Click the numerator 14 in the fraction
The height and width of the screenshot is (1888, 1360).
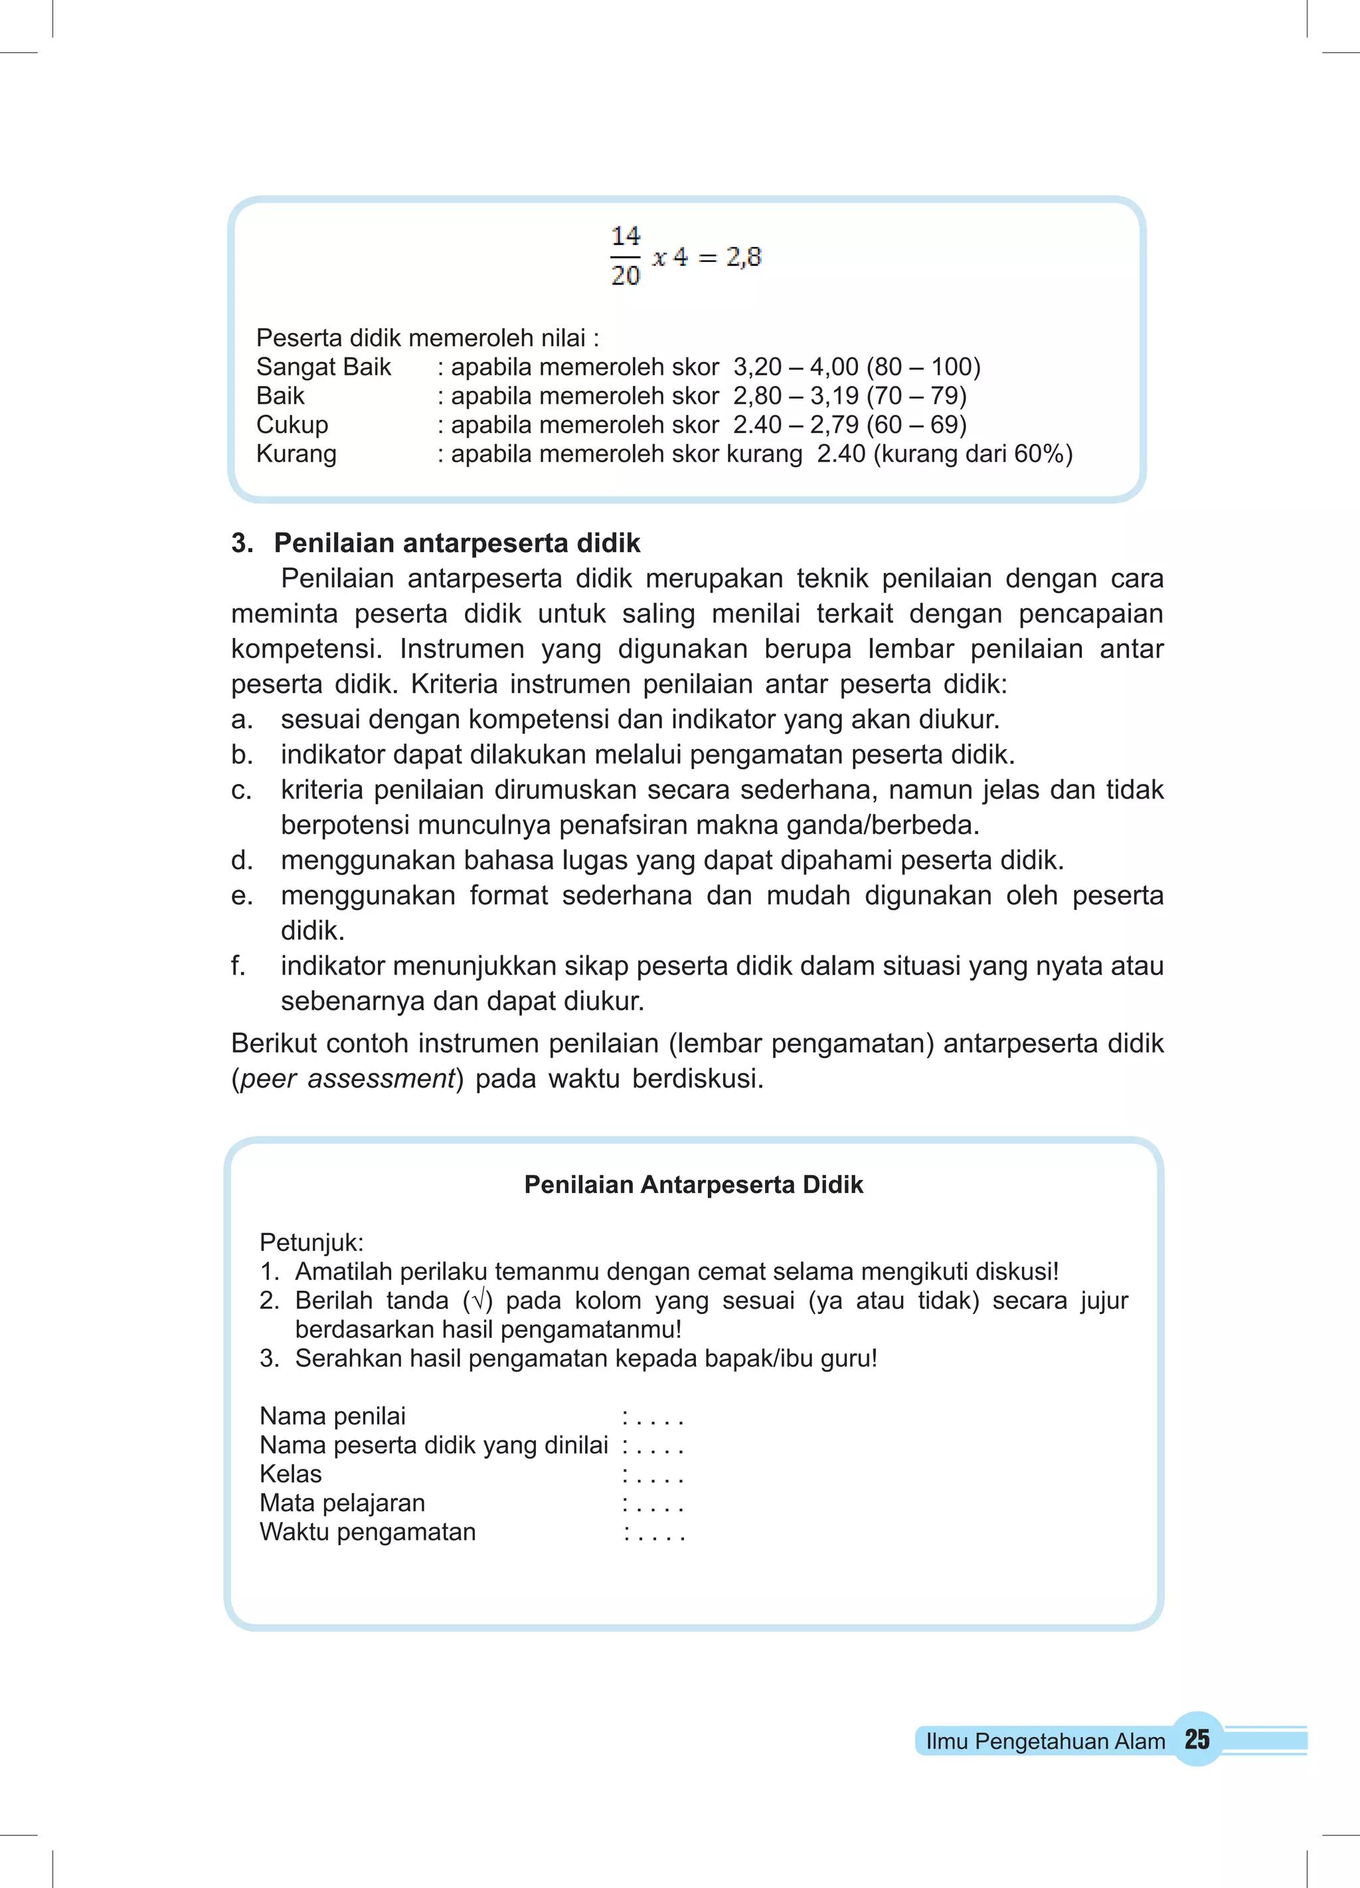(625, 236)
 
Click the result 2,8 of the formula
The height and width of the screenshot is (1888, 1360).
(743, 256)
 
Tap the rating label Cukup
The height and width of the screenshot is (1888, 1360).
(292, 425)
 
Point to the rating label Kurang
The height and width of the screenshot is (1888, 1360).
(296, 454)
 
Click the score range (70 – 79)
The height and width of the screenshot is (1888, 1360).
(916, 395)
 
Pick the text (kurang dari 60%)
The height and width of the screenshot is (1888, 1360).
(972, 454)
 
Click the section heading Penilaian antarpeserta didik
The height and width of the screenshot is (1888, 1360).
(456, 543)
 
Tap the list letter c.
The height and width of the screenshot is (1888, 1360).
(240, 790)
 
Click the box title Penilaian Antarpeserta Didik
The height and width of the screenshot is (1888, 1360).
(693, 1184)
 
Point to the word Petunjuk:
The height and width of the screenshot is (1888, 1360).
(311, 1242)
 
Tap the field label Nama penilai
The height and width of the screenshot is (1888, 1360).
(332, 1416)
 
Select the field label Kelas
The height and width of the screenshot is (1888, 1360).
(290, 1473)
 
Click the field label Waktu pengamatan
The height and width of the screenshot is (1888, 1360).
(367, 1532)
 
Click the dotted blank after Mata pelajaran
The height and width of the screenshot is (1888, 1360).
(653, 1503)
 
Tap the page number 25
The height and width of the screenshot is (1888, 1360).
(1196, 1739)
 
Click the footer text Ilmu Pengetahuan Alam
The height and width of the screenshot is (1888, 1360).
(1045, 1741)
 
